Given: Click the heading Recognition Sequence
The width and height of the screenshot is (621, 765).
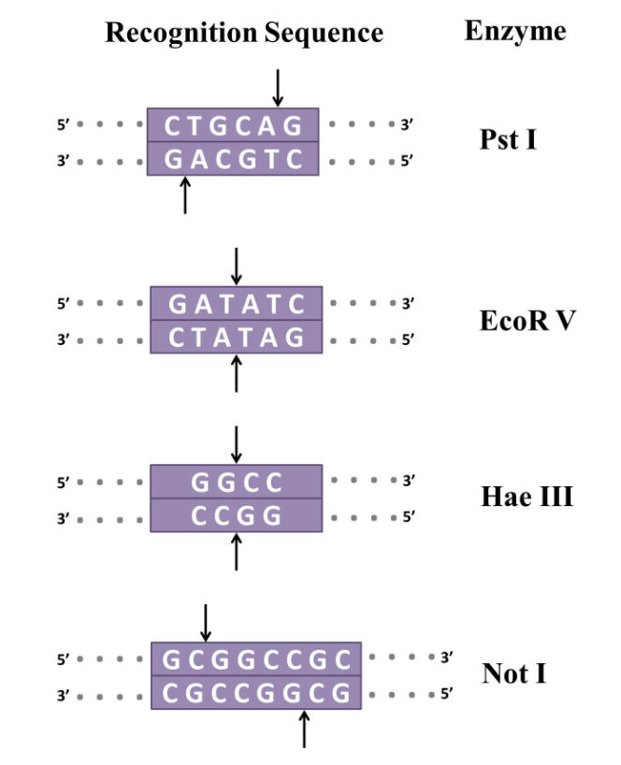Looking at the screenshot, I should coord(244,34).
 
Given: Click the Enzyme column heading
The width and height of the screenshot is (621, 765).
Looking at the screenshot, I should coord(514,31).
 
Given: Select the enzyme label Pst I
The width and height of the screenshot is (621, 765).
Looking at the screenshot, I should coord(508,141).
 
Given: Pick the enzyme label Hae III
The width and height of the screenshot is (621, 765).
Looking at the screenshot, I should coord(527,497).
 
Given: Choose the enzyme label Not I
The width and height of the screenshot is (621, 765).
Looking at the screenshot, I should coord(513,673).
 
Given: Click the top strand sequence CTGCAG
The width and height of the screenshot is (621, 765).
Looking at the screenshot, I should coord(234,125).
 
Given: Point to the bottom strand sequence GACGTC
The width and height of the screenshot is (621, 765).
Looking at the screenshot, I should coord(234,159).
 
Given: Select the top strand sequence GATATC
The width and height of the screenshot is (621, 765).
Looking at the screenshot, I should coord(237,304).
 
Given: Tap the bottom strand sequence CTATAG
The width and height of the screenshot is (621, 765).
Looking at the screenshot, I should coord(237,338).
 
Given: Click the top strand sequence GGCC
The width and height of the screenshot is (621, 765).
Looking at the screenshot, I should coord(237,482).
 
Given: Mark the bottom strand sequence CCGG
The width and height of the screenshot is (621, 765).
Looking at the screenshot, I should coord(237,515).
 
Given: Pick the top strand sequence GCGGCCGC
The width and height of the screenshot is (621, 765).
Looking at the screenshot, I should coord(257,659).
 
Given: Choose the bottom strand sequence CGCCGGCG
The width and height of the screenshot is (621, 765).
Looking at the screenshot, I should coord(257,694).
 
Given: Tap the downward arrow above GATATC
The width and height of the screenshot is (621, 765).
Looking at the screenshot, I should coord(236,266).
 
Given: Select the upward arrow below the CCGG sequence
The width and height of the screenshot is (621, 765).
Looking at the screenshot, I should coord(236,551).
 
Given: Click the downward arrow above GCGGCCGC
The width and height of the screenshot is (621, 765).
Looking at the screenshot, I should coord(206,622).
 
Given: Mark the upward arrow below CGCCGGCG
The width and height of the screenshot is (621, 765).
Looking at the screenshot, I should coord(303,729).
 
